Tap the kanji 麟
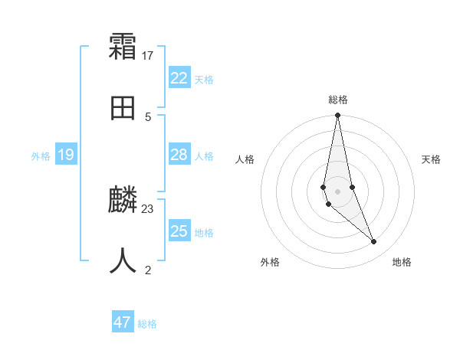[123, 201]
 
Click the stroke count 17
[148, 56]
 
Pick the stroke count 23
[148, 208]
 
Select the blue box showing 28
[179, 155]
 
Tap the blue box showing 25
[179, 231]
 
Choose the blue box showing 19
[66, 155]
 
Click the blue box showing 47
[123, 322]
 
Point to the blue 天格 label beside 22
[204, 80]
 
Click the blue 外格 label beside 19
[41, 156]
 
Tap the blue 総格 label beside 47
[147, 324]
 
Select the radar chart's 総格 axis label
[338, 100]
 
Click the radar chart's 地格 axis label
[402, 262]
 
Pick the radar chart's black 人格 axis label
[245, 159]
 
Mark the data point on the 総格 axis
[337, 116]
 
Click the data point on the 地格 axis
[374, 242]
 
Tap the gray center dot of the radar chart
[337, 191]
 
